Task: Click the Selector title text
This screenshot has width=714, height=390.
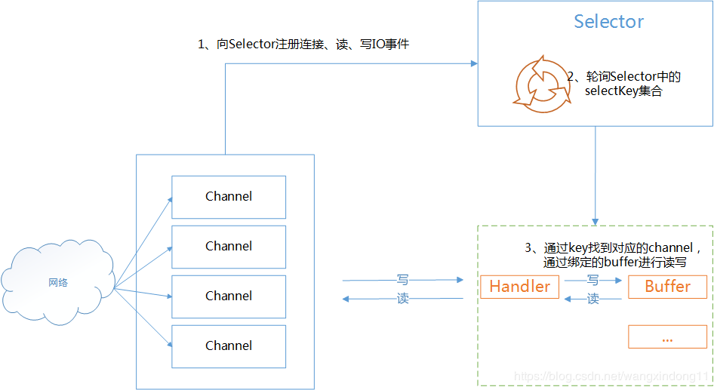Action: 608,22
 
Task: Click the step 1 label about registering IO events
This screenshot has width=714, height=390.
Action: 303,45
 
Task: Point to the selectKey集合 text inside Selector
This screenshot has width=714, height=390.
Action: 623,91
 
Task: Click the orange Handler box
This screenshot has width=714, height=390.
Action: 520,287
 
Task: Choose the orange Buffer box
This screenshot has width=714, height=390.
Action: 667,287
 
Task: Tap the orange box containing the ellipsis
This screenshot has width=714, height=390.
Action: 667,337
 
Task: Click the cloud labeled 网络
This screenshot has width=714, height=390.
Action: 58,283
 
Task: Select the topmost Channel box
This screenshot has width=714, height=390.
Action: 229,197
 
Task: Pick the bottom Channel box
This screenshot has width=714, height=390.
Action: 229,346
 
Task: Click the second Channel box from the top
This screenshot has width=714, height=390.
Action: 229,247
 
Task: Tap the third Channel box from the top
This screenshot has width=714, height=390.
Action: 229,296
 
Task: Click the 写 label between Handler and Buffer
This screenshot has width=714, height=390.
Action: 593,280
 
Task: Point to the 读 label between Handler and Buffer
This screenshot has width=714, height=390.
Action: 593,299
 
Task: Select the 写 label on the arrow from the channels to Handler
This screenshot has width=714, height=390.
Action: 402,280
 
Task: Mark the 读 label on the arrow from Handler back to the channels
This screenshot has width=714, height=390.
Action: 402,299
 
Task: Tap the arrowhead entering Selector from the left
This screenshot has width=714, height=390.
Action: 473,64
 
